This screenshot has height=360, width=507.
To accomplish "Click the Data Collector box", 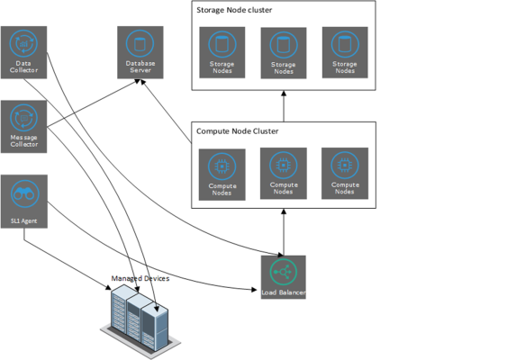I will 24,53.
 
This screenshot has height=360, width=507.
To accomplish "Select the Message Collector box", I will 24,127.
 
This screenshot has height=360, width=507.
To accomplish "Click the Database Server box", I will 140,52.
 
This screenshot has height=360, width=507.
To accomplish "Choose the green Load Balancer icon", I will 284,273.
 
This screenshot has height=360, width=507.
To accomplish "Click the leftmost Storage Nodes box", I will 221,53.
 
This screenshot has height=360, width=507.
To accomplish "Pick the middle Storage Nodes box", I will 283,53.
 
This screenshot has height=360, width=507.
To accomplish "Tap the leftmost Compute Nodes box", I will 221,173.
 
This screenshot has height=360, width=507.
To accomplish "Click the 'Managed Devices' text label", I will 140,279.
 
